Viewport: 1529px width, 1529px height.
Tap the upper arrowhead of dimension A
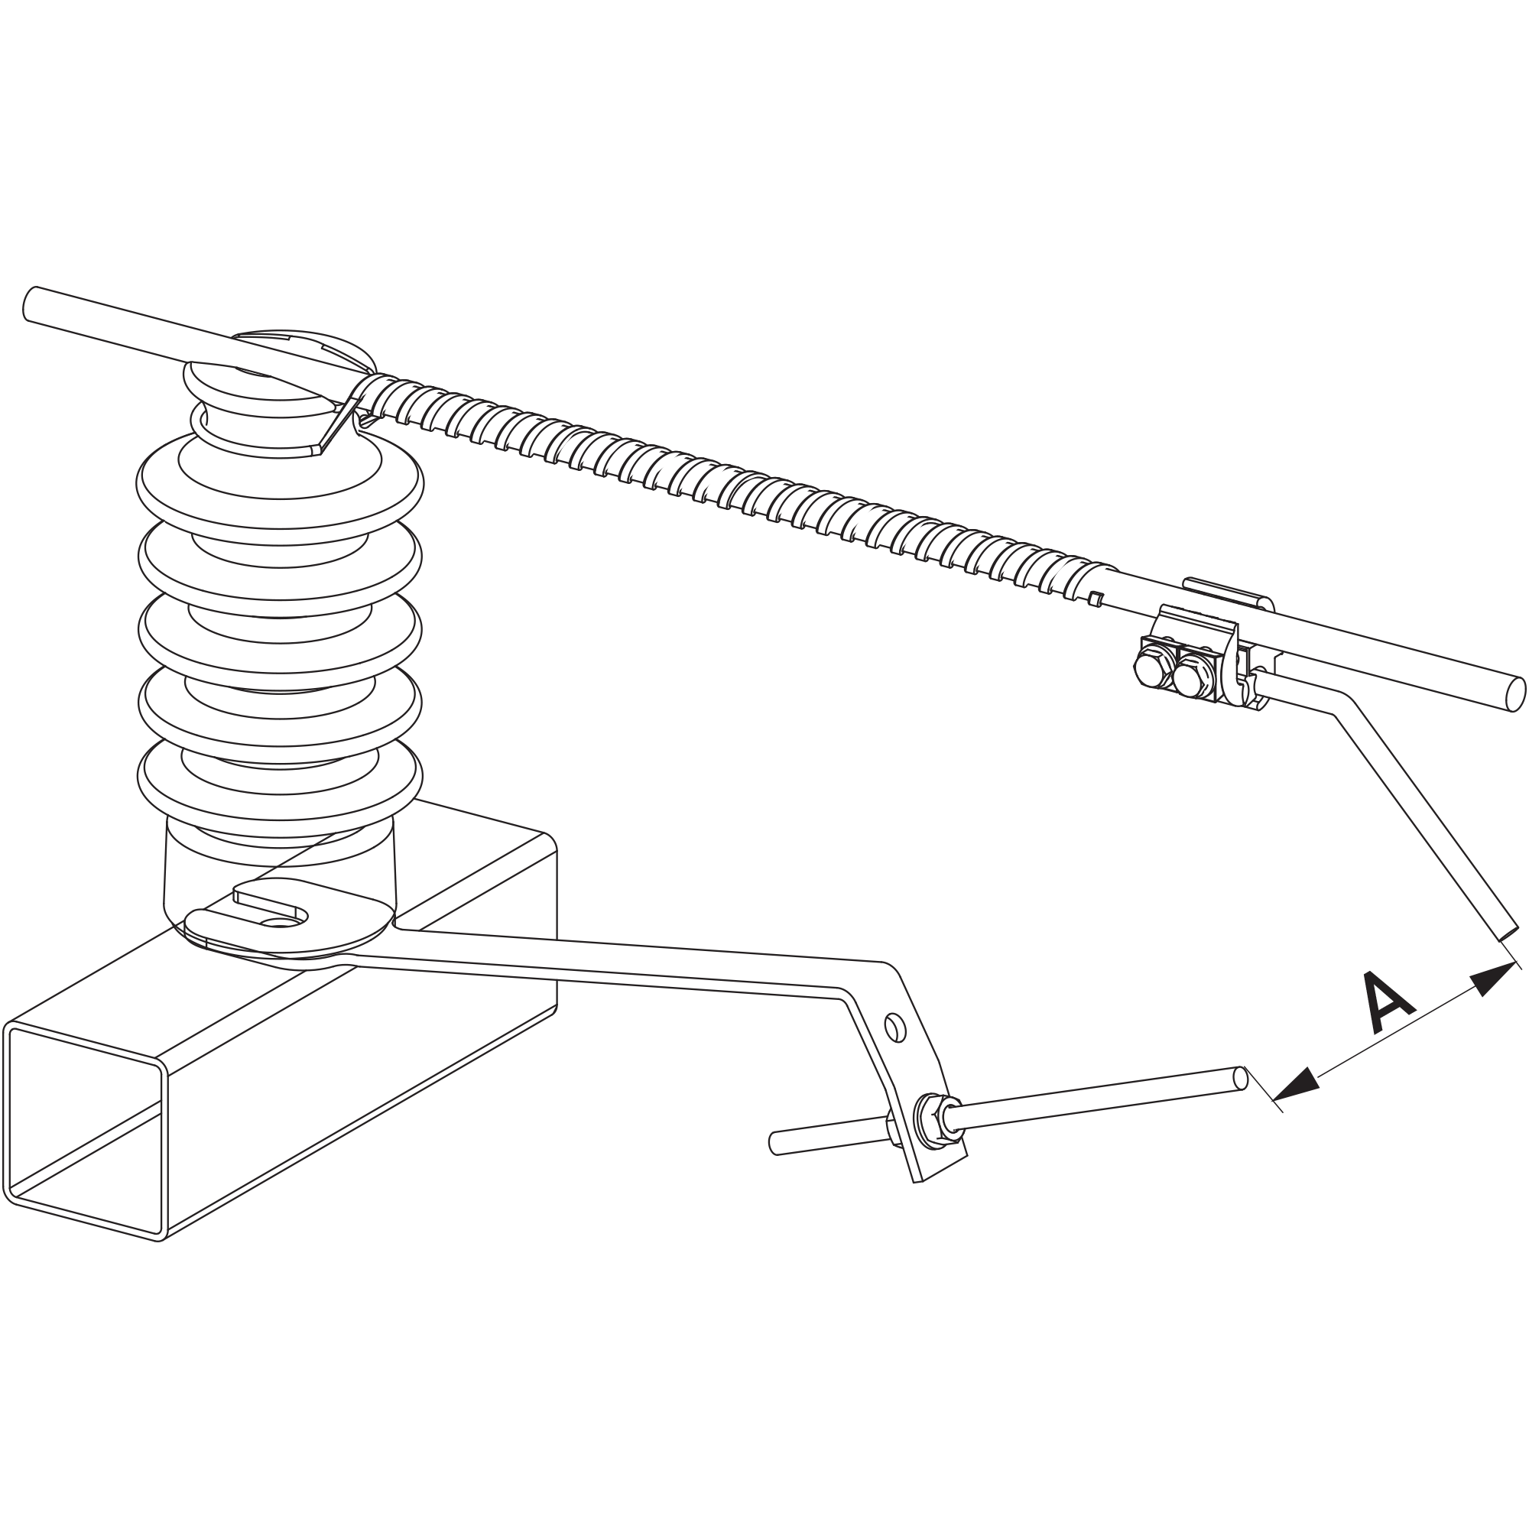[1489, 979]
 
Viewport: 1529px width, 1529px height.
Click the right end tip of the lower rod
[1240, 1079]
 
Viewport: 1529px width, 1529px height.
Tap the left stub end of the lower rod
[774, 1143]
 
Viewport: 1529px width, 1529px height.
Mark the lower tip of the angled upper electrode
[1508, 935]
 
